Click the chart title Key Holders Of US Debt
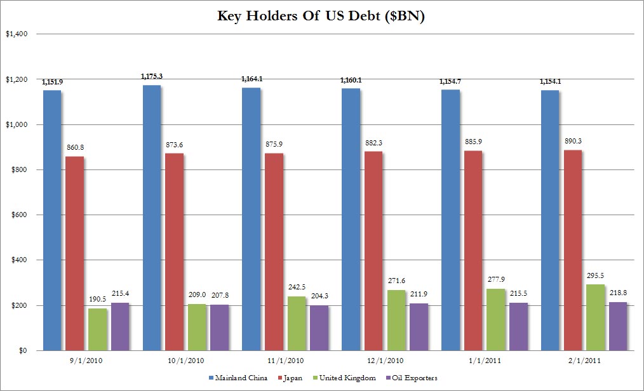pyautogui.click(x=321, y=17)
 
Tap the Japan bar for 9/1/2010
pyautogui.click(x=74, y=253)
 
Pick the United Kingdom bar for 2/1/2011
pyautogui.click(x=595, y=317)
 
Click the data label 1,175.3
pyautogui.click(x=152, y=76)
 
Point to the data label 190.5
pyautogui.click(x=98, y=299)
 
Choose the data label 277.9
pyautogui.click(x=496, y=280)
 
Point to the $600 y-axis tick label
pyautogui.click(x=17, y=215)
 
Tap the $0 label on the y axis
pyautogui.click(x=21, y=350)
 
